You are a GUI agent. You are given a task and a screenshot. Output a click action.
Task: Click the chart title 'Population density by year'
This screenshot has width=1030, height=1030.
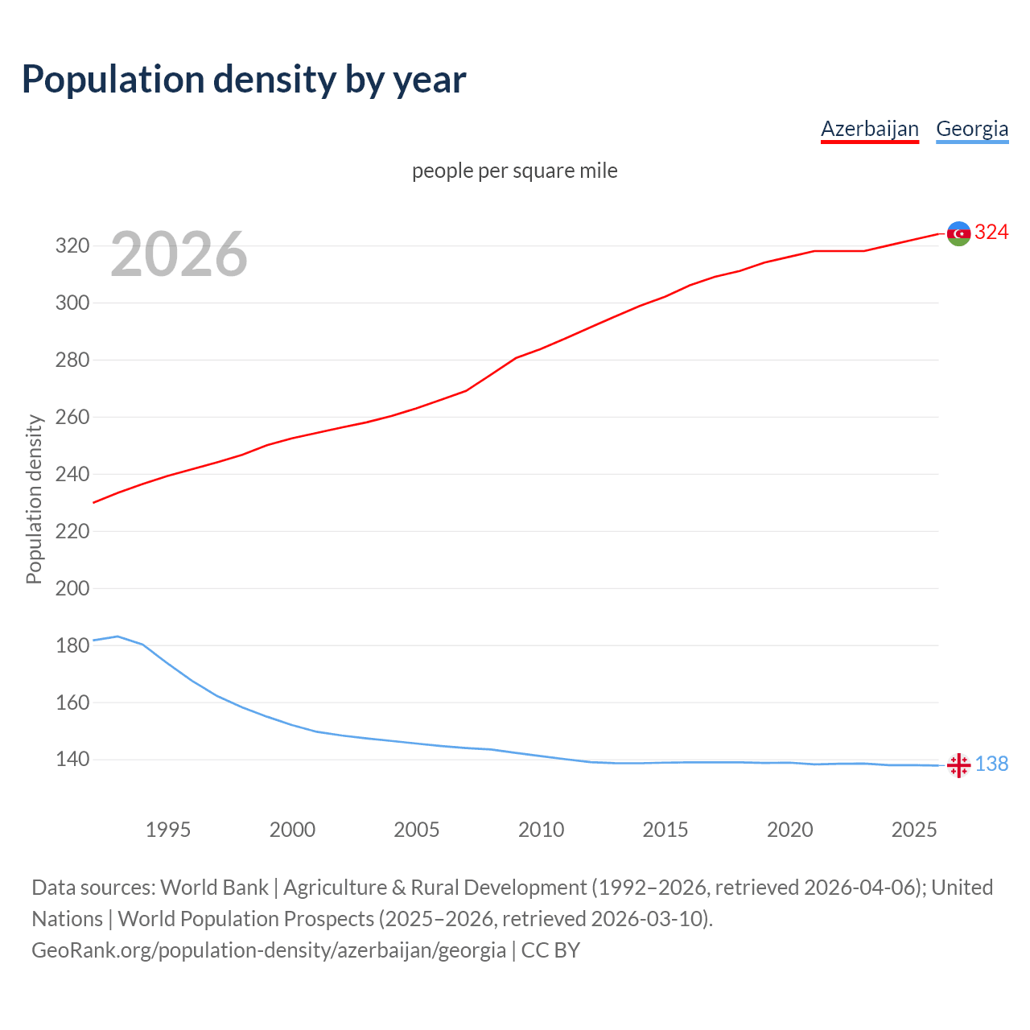point(244,80)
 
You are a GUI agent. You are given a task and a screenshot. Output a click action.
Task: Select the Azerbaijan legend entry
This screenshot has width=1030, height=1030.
point(869,129)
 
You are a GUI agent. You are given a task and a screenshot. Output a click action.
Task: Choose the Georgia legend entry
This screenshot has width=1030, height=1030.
point(972,129)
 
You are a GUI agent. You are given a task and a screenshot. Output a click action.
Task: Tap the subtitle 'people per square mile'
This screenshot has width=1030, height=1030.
point(514,171)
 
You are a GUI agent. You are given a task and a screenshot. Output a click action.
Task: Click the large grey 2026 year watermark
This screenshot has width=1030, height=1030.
point(179,254)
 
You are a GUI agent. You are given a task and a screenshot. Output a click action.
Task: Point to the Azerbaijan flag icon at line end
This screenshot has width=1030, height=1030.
point(958,233)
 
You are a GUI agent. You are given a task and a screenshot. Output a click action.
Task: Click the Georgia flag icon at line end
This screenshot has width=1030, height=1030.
point(958,765)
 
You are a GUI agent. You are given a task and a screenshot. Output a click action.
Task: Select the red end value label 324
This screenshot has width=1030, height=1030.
point(991,233)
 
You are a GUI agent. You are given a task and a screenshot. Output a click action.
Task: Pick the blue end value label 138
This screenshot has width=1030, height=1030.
point(991,764)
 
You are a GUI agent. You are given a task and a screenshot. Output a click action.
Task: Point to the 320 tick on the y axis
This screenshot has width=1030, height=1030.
point(72,246)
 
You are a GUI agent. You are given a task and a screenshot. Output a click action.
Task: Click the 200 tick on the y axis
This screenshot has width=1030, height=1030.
point(72,588)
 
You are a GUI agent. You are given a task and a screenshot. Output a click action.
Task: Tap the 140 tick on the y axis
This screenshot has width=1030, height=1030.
point(72,760)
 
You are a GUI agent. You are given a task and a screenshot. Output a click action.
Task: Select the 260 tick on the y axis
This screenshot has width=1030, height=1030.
point(72,417)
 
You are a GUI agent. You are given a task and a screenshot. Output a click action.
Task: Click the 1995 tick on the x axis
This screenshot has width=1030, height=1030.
point(168,830)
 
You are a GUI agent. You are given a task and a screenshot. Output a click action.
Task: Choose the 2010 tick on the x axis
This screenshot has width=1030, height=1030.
point(541,830)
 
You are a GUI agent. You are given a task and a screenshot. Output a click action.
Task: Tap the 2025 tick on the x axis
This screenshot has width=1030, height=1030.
point(914,830)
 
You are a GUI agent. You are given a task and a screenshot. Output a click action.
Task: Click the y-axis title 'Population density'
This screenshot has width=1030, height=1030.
point(34,499)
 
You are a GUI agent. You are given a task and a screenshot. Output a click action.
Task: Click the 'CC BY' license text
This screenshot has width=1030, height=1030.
point(550,950)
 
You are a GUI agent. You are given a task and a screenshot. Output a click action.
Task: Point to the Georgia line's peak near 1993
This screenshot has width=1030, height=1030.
point(118,637)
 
